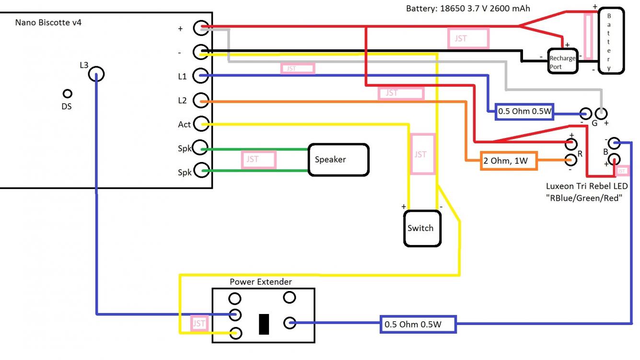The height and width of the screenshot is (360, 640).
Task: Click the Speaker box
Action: (x=338, y=159)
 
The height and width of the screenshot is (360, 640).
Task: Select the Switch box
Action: (x=421, y=229)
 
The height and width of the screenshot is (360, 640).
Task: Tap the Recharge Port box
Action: (x=562, y=61)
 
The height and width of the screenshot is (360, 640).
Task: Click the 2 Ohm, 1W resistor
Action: (x=509, y=161)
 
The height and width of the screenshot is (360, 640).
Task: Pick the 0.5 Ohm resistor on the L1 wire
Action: (x=524, y=111)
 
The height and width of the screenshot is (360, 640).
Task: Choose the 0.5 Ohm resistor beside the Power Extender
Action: (x=418, y=325)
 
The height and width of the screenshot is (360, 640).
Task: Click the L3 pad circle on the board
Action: (x=96, y=74)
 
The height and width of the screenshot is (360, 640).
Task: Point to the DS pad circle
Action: (x=68, y=93)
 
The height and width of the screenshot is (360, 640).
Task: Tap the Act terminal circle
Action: (x=201, y=124)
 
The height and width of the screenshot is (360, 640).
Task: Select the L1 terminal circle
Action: (x=201, y=76)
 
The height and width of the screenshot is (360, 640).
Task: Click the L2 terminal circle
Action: (x=201, y=101)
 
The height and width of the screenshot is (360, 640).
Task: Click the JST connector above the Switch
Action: (x=422, y=154)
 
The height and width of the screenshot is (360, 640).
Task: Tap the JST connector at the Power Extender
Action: (x=198, y=324)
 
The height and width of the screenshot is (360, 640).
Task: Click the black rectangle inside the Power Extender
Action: (x=264, y=324)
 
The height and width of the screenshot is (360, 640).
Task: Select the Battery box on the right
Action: (x=611, y=41)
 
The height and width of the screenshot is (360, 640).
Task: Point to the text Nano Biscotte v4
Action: (x=48, y=22)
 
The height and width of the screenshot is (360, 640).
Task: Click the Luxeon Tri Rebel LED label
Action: (x=587, y=186)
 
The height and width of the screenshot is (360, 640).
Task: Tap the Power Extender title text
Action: (x=260, y=282)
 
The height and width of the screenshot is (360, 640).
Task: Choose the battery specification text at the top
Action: (x=468, y=9)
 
